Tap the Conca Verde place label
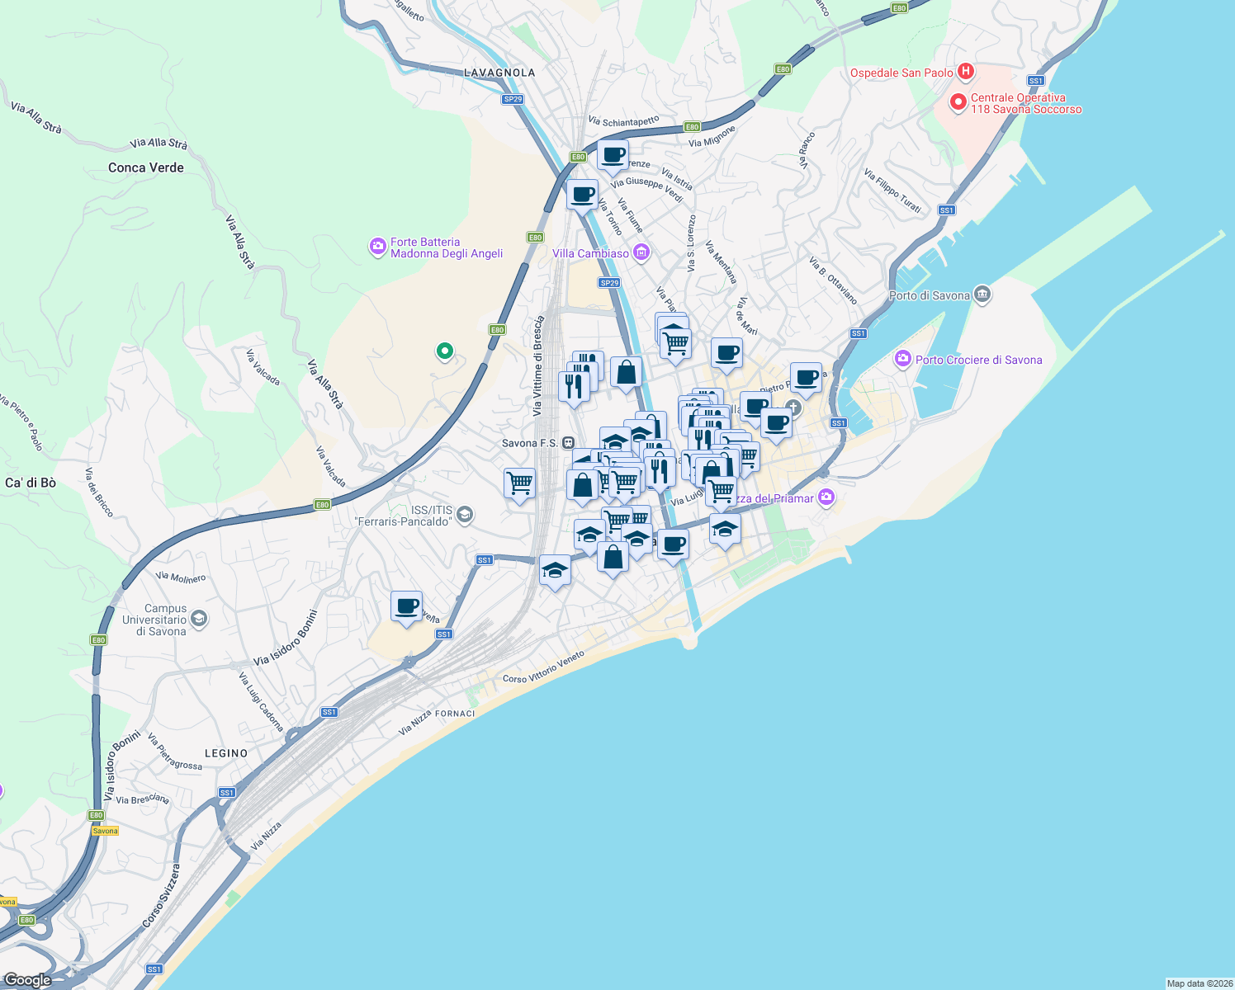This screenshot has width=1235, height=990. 146,167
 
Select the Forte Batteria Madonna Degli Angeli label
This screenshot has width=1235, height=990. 447,247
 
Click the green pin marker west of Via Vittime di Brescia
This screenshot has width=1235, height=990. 444,351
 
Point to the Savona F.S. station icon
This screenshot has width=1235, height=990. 568,443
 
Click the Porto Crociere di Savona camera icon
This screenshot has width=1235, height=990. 903,359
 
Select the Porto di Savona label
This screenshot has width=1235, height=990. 930,295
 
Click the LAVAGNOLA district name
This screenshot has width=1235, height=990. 499,73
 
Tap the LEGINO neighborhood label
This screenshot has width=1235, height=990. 226,753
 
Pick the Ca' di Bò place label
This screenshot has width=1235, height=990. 31,483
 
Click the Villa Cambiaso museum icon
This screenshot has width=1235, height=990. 641,252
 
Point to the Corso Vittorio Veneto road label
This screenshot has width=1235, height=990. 543,667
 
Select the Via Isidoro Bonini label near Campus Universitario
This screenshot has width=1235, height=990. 285,638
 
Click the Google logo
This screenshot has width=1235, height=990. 27,980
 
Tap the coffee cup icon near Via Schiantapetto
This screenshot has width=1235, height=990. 613,154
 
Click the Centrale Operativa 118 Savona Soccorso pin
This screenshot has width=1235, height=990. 958,102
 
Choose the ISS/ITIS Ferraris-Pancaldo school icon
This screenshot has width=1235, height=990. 465,516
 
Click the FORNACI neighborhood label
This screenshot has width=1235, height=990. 455,714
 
